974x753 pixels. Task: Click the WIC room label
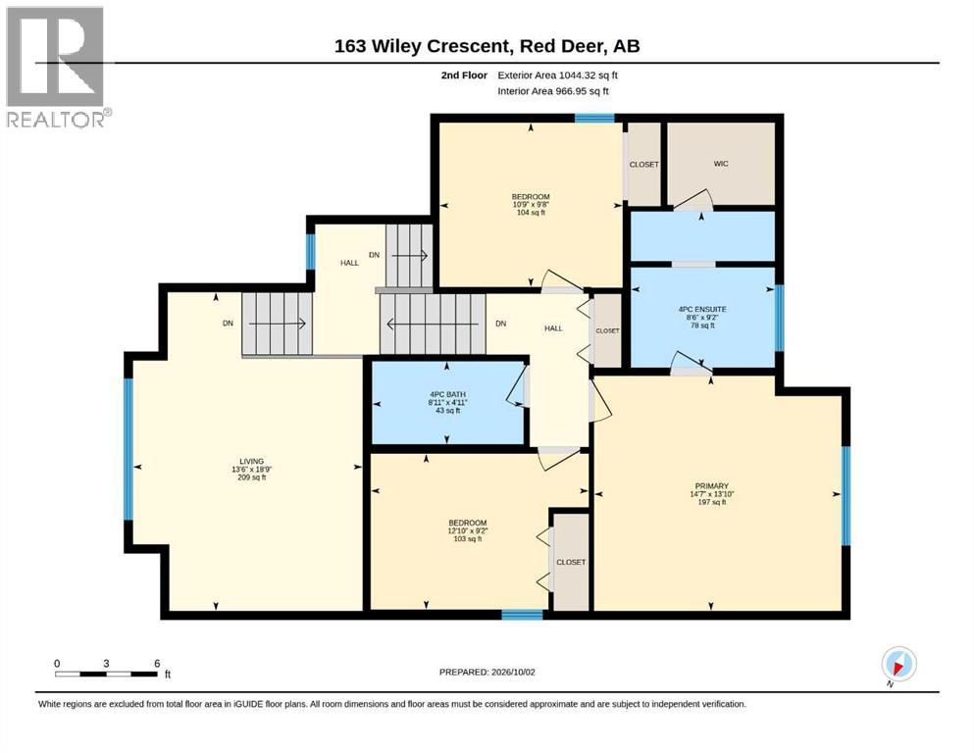[x=721, y=164]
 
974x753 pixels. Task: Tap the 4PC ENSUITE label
[x=702, y=309]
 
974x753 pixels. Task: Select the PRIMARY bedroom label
[x=712, y=486]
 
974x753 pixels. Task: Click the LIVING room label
[x=251, y=461]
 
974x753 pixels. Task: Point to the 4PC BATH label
[x=447, y=395]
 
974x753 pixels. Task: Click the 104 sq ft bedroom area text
[x=531, y=213]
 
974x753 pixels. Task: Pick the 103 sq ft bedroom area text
[x=467, y=539]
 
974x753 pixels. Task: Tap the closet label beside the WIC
[x=643, y=165]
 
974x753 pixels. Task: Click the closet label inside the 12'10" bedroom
[x=571, y=562]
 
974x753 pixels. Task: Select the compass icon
[x=898, y=664]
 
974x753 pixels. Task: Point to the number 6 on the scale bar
[x=157, y=664]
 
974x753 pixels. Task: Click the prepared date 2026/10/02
[x=513, y=672]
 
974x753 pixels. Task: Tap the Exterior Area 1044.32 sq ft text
[x=557, y=75]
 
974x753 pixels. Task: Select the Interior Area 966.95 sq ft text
[x=553, y=91]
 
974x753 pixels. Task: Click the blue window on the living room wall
[x=128, y=449]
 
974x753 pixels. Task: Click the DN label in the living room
[x=228, y=324]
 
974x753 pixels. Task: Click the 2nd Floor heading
[x=464, y=75]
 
